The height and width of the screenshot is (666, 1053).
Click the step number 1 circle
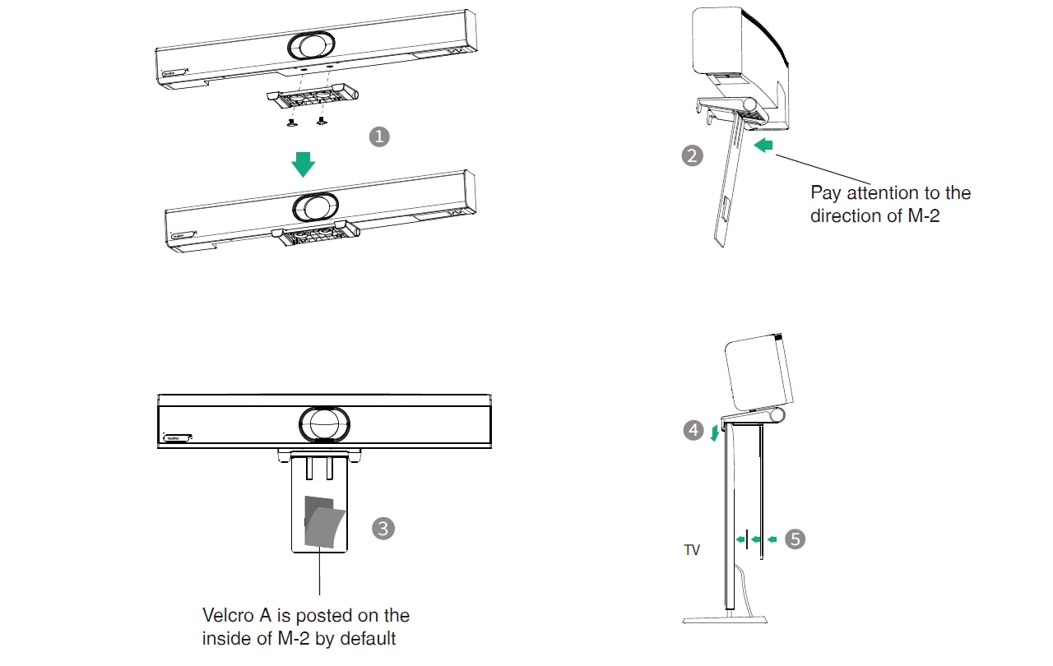coord(378,136)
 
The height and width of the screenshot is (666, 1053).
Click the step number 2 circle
coord(693,155)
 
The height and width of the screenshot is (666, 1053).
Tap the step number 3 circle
coord(383,528)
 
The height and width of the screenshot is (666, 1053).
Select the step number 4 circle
coord(693,430)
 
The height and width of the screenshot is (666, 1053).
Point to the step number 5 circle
coord(795,539)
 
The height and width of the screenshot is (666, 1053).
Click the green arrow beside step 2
coord(764,146)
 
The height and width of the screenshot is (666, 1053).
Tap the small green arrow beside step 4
coord(715,433)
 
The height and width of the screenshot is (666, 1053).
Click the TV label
coord(692,550)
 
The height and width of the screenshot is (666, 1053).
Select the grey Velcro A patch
coord(323,523)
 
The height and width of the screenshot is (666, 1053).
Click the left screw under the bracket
coord(291,123)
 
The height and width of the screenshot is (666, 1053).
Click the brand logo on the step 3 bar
coord(175,438)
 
